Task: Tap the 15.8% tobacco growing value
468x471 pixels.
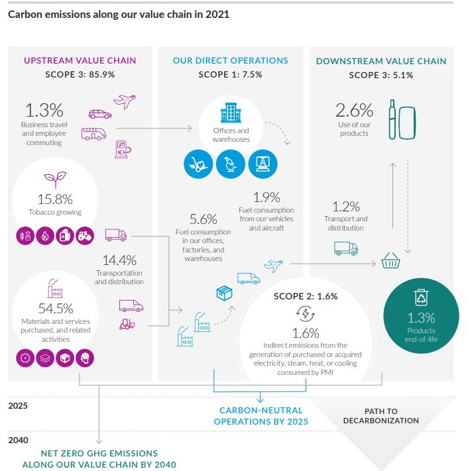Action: pos(50,199)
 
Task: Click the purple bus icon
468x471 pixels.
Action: pos(93,133)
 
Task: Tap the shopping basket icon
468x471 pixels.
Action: pos(391,262)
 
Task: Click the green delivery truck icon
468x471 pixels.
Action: pos(345,248)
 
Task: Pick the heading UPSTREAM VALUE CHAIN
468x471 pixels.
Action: pos(80,60)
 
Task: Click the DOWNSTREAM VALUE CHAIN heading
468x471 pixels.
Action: pos(381,61)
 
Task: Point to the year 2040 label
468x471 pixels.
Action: pos(18,439)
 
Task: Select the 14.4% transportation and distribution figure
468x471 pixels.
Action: pos(119,260)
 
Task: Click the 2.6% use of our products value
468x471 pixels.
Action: pos(354,110)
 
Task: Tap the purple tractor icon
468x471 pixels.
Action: pos(85,236)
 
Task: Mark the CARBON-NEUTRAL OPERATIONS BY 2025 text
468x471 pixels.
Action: pos(261,415)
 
